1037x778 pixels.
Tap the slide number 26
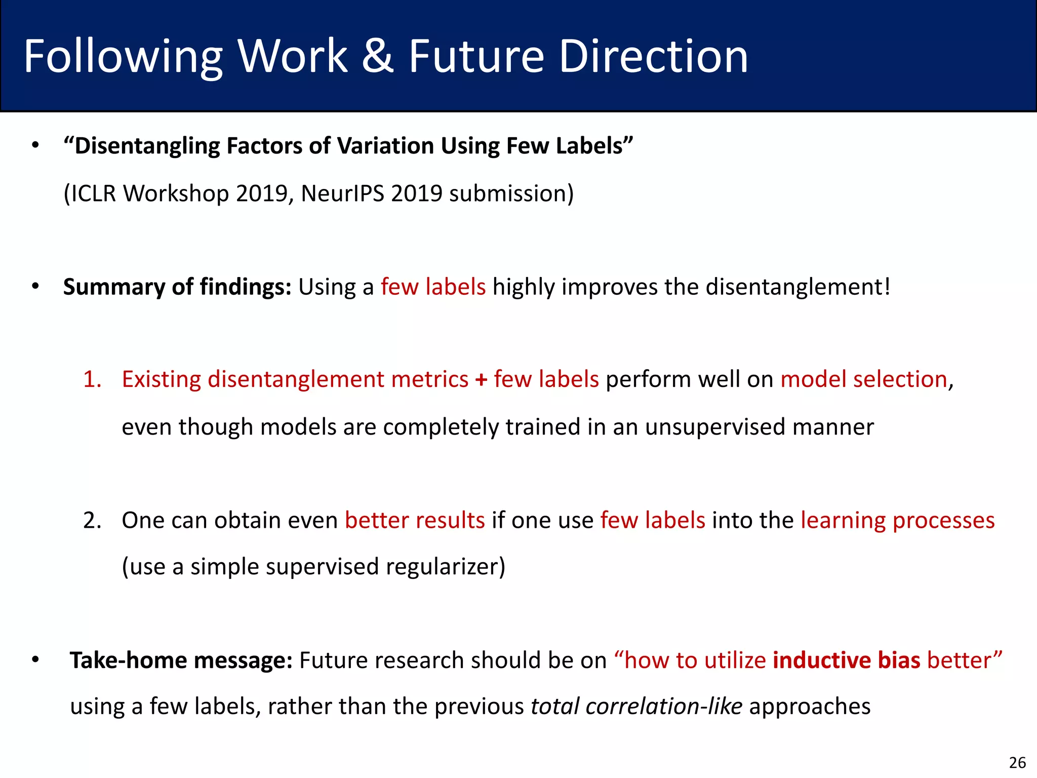(x=1017, y=762)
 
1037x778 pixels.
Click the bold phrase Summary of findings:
(x=177, y=287)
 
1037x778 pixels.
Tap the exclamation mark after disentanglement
(x=886, y=287)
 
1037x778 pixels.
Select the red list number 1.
(x=92, y=379)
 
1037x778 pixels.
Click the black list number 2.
(x=92, y=520)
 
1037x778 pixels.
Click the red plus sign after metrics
(x=481, y=380)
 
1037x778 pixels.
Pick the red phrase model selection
(x=863, y=379)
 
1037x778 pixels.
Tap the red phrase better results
(x=415, y=520)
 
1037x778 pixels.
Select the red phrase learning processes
(x=897, y=521)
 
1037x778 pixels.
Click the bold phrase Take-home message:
(x=181, y=660)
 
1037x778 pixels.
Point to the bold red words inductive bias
(x=846, y=660)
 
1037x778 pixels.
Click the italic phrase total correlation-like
(x=636, y=706)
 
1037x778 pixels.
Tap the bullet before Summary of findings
(x=35, y=287)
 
